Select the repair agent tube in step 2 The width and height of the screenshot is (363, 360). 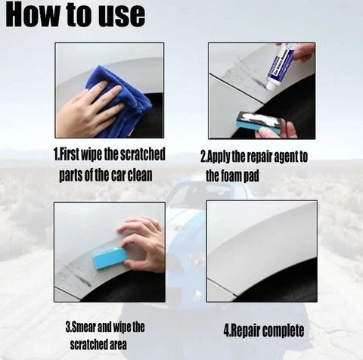click(x=281, y=65)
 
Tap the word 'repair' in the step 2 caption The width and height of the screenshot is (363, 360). click(x=259, y=157)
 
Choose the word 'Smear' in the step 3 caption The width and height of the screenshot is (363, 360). click(x=84, y=327)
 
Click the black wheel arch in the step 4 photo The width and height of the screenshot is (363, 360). click(x=282, y=285)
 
